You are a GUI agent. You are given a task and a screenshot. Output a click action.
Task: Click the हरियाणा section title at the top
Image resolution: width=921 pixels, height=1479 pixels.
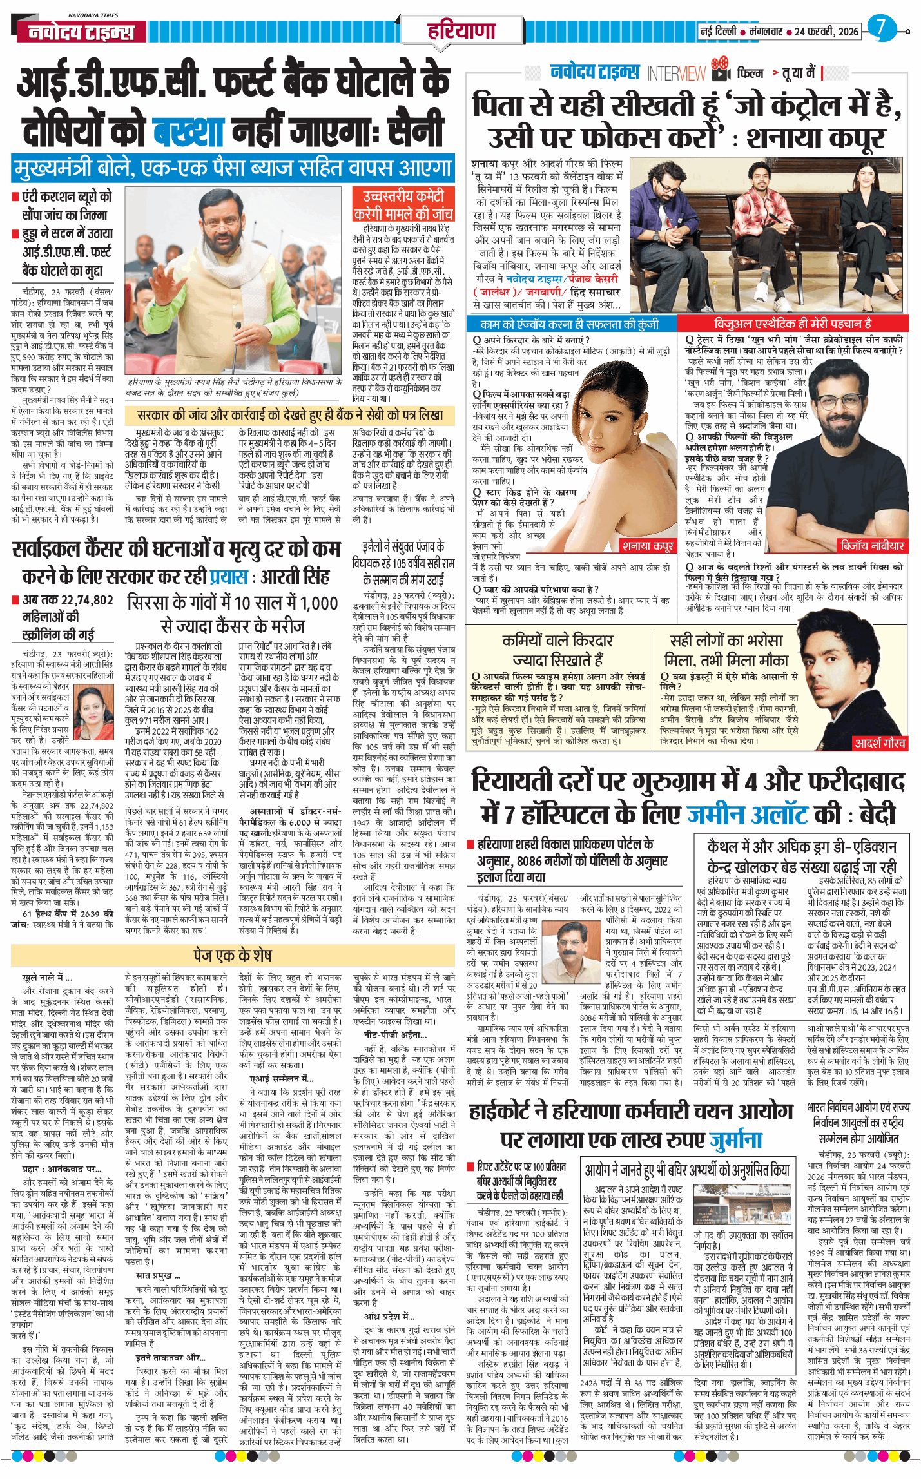(461, 30)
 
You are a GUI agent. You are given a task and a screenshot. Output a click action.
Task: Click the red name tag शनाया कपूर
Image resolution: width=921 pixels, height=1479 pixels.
(647, 546)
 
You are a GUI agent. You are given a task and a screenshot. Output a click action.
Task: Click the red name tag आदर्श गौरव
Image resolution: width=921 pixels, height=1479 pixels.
(880, 743)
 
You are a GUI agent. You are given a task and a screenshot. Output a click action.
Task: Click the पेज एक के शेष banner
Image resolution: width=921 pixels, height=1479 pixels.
(233, 954)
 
